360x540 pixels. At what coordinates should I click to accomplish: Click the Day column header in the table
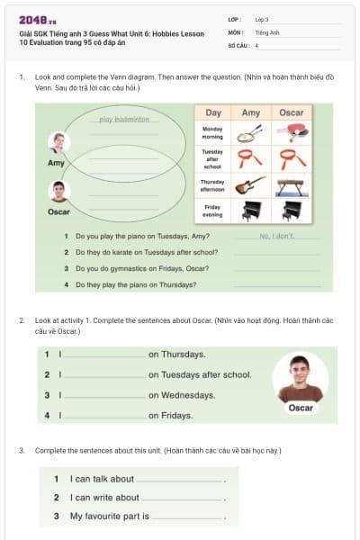[213, 112]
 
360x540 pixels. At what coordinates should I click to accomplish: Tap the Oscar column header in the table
[291, 112]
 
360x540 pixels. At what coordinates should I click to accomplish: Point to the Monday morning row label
[213, 133]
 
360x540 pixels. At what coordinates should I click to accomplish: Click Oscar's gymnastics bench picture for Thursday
[291, 184]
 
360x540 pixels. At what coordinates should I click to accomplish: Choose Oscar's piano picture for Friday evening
[291, 211]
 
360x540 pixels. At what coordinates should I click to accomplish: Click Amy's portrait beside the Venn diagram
[58, 143]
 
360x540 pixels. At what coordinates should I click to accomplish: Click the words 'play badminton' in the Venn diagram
[124, 119]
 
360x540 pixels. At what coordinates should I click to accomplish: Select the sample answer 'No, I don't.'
[276, 235]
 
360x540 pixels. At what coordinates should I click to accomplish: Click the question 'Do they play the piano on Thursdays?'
[136, 284]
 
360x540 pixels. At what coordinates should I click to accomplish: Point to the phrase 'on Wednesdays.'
[181, 395]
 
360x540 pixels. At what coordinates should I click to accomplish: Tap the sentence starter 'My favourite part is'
[110, 517]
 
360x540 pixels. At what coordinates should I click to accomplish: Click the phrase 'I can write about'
[104, 498]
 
